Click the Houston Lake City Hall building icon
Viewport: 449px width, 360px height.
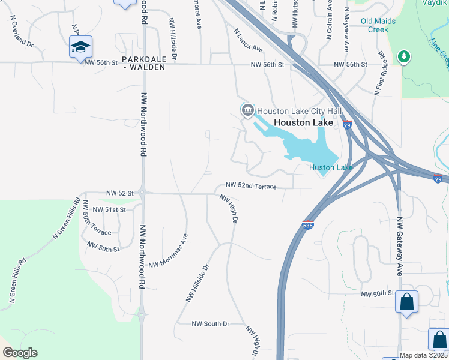click(x=247, y=111)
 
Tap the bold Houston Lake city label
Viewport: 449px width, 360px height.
click(x=303, y=122)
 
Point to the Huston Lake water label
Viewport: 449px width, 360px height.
click(x=331, y=167)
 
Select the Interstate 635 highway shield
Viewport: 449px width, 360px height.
click(x=308, y=226)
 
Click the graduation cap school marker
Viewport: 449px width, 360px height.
click(x=80, y=47)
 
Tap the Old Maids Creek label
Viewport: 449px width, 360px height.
click(x=378, y=25)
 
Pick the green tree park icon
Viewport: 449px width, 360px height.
click(x=404, y=57)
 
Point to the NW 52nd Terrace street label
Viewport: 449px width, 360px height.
click(x=251, y=186)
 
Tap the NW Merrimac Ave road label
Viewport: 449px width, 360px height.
click(x=169, y=251)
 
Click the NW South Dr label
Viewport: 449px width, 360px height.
click(x=210, y=324)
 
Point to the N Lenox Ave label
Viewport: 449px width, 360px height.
click(x=249, y=40)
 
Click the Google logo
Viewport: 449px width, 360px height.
click(x=20, y=353)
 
